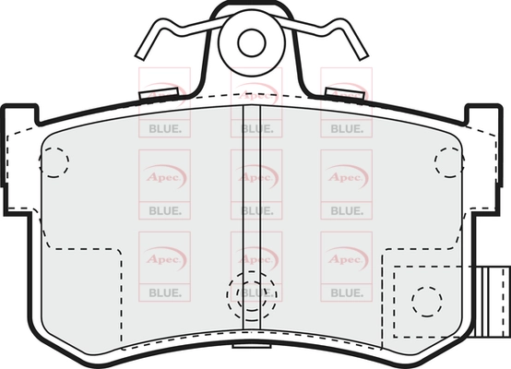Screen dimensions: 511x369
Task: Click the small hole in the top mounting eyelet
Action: tap(252, 42)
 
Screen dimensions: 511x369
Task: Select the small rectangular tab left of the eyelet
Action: tap(159, 93)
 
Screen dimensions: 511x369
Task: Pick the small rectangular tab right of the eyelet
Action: tap(345, 93)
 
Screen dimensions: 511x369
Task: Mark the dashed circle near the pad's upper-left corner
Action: tap(54, 162)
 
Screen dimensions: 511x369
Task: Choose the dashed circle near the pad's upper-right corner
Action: tap(449, 162)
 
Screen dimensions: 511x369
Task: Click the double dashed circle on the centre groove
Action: tap(252, 295)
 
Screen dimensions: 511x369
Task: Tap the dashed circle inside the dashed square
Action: tap(426, 302)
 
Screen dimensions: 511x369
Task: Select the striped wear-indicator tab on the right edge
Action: tap(492, 302)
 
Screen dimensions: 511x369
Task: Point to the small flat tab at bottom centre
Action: tap(252, 345)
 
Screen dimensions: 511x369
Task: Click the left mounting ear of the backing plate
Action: tap(20, 160)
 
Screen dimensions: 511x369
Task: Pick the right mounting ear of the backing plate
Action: tap(483, 160)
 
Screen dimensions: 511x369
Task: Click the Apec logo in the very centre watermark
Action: tap(256, 177)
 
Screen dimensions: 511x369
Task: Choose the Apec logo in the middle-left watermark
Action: tap(164, 177)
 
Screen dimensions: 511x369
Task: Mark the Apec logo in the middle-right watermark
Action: tap(347, 177)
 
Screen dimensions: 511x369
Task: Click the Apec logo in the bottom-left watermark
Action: tap(164, 259)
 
